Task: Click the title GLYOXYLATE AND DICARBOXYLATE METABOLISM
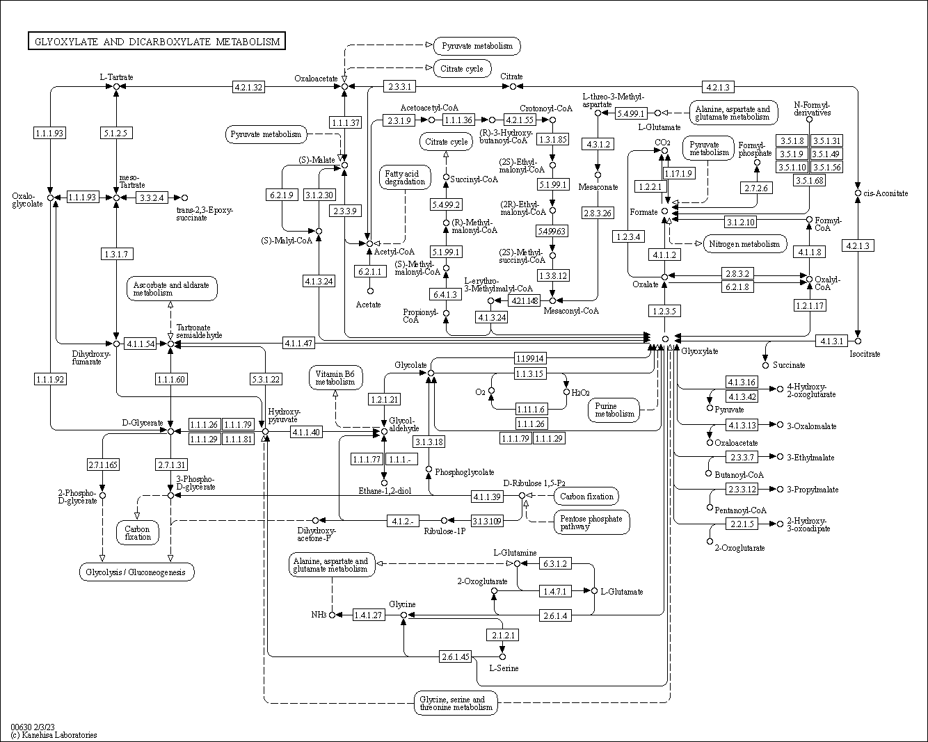tap(157, 42)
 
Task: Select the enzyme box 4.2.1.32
tap(248, 87)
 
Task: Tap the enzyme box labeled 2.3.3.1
tap(400, 87)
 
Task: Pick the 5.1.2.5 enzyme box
tap(115, 133)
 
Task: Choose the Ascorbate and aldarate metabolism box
tap(171, 289)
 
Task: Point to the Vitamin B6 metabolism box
tap(335, 378)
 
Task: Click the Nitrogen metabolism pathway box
tap(745, 244)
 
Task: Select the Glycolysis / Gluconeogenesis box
tap(136, 572)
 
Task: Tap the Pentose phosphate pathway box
tap(591, 522)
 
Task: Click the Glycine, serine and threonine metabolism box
tap(456, 703)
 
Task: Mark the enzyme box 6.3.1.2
tap(554, 563)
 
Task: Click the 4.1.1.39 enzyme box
tap(487, 496)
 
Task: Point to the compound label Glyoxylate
tap(700, 351)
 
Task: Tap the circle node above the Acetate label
tap(370, 291)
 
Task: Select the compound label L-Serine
tap(503, 668)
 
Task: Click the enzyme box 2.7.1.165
tap(102, 465)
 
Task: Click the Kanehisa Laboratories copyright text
tap(54, 735)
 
